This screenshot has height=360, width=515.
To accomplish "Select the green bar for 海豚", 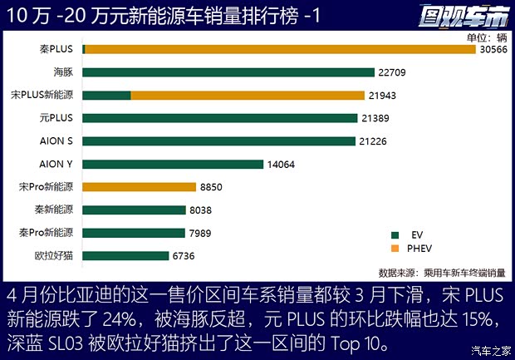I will [228, 72].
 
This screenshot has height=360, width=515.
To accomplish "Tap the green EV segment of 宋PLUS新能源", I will [106, 95].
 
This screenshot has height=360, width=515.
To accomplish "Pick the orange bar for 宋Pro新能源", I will [139, 187].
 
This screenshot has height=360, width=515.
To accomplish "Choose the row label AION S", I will [56, 141].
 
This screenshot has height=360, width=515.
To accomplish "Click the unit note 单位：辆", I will [486, 37].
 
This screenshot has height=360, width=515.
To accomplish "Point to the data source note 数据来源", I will [443, 272].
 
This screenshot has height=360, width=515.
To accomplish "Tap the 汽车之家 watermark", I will [489, 348].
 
